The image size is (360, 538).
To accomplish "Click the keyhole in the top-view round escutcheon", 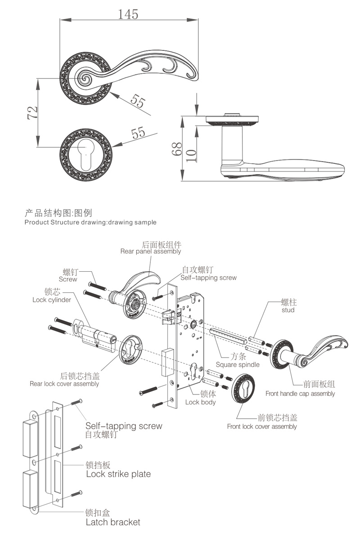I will pos(85,152).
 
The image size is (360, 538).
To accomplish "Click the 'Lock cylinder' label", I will pos(51,300).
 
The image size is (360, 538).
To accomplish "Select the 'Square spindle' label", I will pos(237,364).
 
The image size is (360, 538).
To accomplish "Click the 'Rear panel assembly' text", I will pos(150,251).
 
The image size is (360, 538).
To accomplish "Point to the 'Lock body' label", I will pos(200,402).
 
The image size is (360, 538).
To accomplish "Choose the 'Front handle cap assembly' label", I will pos(300,394).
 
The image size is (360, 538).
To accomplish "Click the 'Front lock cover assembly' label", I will pos(261,426).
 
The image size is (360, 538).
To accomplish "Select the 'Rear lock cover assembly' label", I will pos(64,384).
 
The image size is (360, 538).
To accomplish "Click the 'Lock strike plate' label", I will pos(118,474).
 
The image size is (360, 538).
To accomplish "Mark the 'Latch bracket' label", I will pos(112,522).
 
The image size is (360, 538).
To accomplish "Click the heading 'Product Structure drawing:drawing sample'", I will pos(90,222).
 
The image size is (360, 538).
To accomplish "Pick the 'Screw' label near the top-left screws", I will pos(68,279).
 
